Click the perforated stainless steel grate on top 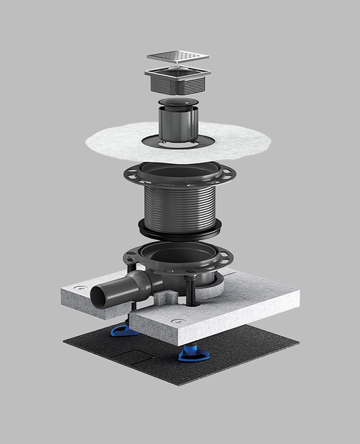click(178, 57)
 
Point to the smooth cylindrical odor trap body click(178, 123)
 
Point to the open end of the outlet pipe click(98, 297)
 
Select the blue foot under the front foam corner click(189, 353)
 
